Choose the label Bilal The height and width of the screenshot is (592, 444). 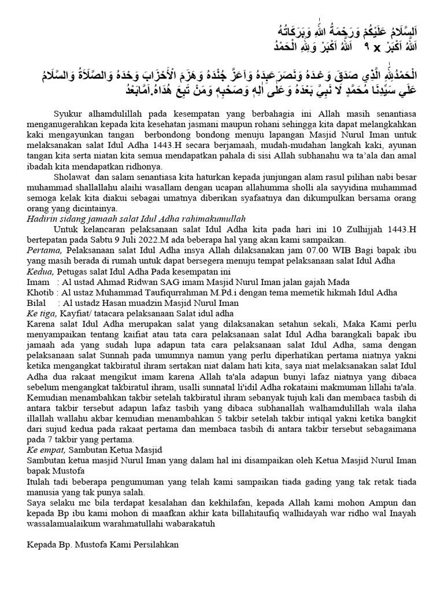point(37,302)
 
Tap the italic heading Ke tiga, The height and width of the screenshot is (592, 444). point(41,313)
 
